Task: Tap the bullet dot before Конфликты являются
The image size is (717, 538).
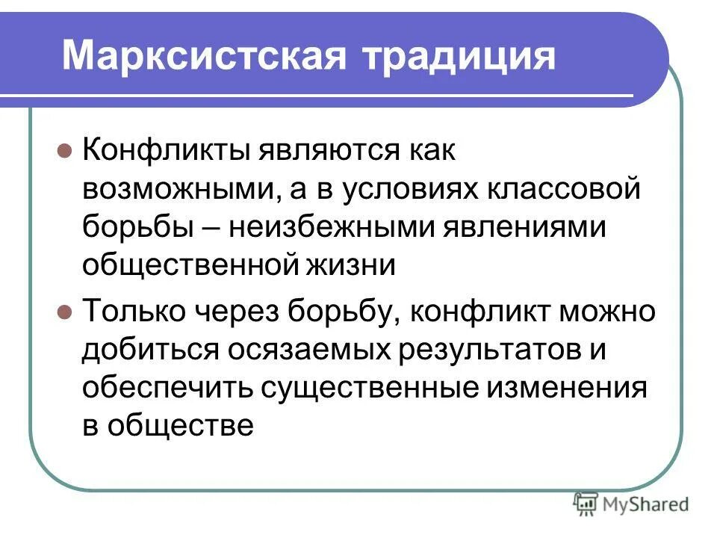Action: point(64,149)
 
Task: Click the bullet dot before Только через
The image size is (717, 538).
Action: point(64,310)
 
